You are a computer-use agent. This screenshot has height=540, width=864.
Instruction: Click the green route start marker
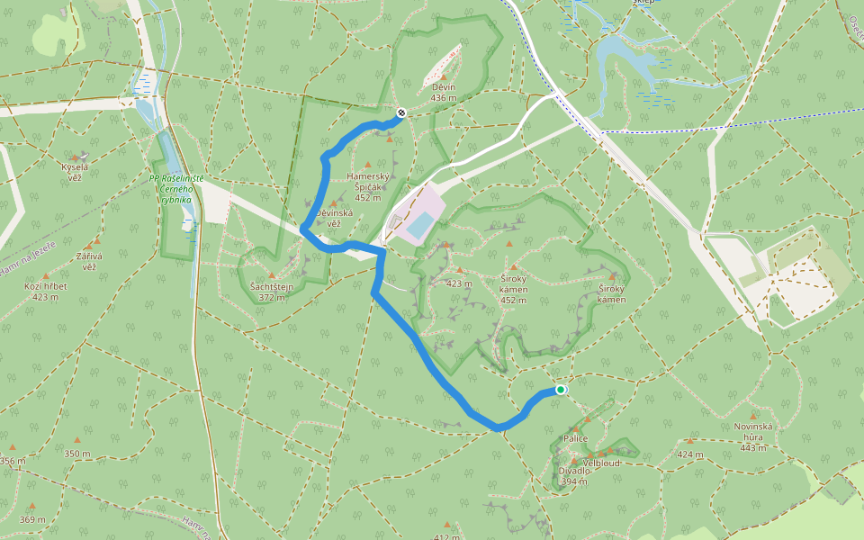(x=561, y=390)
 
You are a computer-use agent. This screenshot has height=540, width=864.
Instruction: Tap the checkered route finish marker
(x=400, y=113)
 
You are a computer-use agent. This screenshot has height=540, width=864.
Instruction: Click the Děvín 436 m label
(x=444, y=93)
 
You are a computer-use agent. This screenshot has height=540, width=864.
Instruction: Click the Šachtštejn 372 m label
(x=272, y=291)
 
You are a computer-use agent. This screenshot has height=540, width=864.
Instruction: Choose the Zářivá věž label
(x=89, y=262)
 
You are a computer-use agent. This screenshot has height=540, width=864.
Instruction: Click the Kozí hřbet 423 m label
(x=46, y=291)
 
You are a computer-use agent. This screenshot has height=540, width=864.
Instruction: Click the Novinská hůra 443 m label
(x=753, y=442)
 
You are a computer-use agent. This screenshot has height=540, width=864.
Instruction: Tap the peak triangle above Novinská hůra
(x=753, y=417)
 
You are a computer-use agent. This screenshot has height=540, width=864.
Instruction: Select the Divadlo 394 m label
(x=574, y=475)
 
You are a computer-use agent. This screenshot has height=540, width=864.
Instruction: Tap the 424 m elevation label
(x=690, y=454)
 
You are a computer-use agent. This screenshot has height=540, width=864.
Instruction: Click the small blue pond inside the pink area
(x=418, y=225)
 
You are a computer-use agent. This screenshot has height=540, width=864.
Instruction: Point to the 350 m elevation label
(x=77, y=454)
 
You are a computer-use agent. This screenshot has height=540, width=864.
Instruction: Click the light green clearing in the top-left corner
(x=50, y=34)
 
